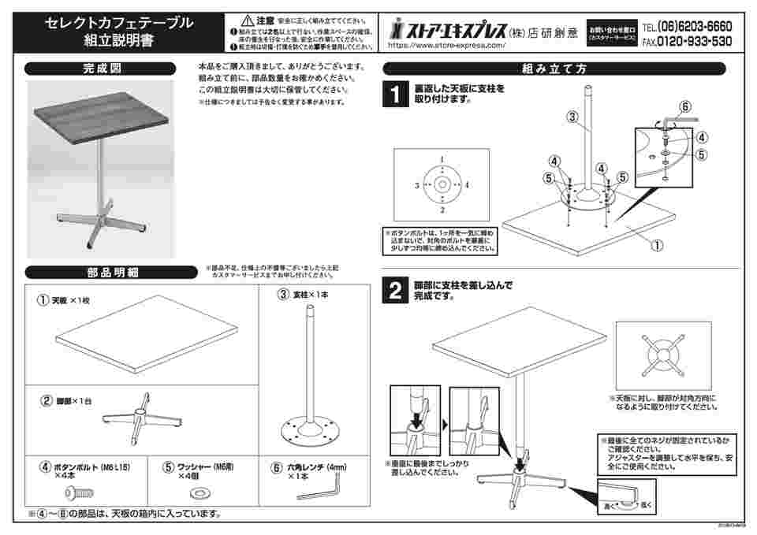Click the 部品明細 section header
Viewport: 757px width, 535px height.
(x=111, y=273)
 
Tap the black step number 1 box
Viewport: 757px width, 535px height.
(x=394, y=95)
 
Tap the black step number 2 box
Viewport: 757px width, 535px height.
(x=394, y=292)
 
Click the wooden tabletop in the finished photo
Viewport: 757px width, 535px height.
(x=101, y=118)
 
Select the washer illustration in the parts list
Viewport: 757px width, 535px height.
(x=197, y=494)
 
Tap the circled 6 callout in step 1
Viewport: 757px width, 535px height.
(x=684, y=106)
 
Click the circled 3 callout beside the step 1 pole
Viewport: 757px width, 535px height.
(x=572, y=117)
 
